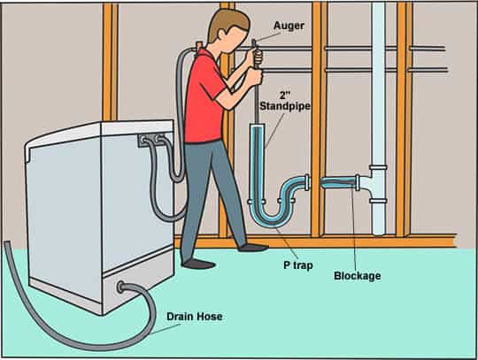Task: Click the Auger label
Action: click(x=289, y=26)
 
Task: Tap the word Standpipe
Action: click(x=285, y=106)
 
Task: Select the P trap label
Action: click(x=298, y=265)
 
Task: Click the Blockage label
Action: click(x=358, y=276)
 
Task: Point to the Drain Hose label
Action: click(x=194, y=317)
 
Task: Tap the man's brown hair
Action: click(x=227, y=22)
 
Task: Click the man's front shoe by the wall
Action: click(x=253, y=248)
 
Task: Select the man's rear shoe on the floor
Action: click(x=198, y=264)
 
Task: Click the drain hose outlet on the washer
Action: click(x=121, y=287)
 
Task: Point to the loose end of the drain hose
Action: click(x=8, y=244)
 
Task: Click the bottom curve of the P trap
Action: click(x=273, y=220)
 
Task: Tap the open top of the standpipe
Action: click(x=258, y=126)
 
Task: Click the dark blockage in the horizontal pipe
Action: click(x=338, y=183)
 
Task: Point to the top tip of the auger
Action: click(x=254, y=41)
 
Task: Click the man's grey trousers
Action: click(x=211, y=195)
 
